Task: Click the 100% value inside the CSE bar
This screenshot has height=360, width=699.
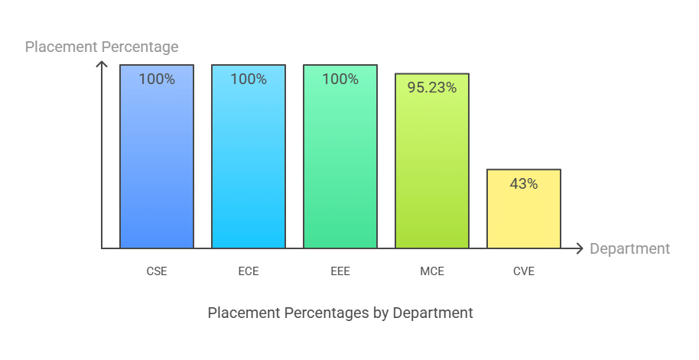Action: [157, 79]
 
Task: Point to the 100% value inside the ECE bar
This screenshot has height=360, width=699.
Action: [249, 79]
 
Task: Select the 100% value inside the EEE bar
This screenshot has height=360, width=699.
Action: [340, 79]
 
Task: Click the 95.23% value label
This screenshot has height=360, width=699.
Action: [432, 88]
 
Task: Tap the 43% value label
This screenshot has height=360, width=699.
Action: [524, 183]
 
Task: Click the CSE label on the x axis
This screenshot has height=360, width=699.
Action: [157, 271]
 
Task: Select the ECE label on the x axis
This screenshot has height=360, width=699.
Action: [249, 271]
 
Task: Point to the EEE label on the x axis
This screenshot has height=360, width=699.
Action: [340, 271]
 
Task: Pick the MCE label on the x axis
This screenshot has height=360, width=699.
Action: [432, 271]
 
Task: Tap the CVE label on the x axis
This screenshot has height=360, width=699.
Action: [524, 271]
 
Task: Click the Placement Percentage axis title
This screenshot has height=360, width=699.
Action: [102, 47]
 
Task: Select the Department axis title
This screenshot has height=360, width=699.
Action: [629, 248]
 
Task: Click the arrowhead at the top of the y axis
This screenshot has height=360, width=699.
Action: [102, 65]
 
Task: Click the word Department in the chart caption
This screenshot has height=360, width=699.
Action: [436, 313]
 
